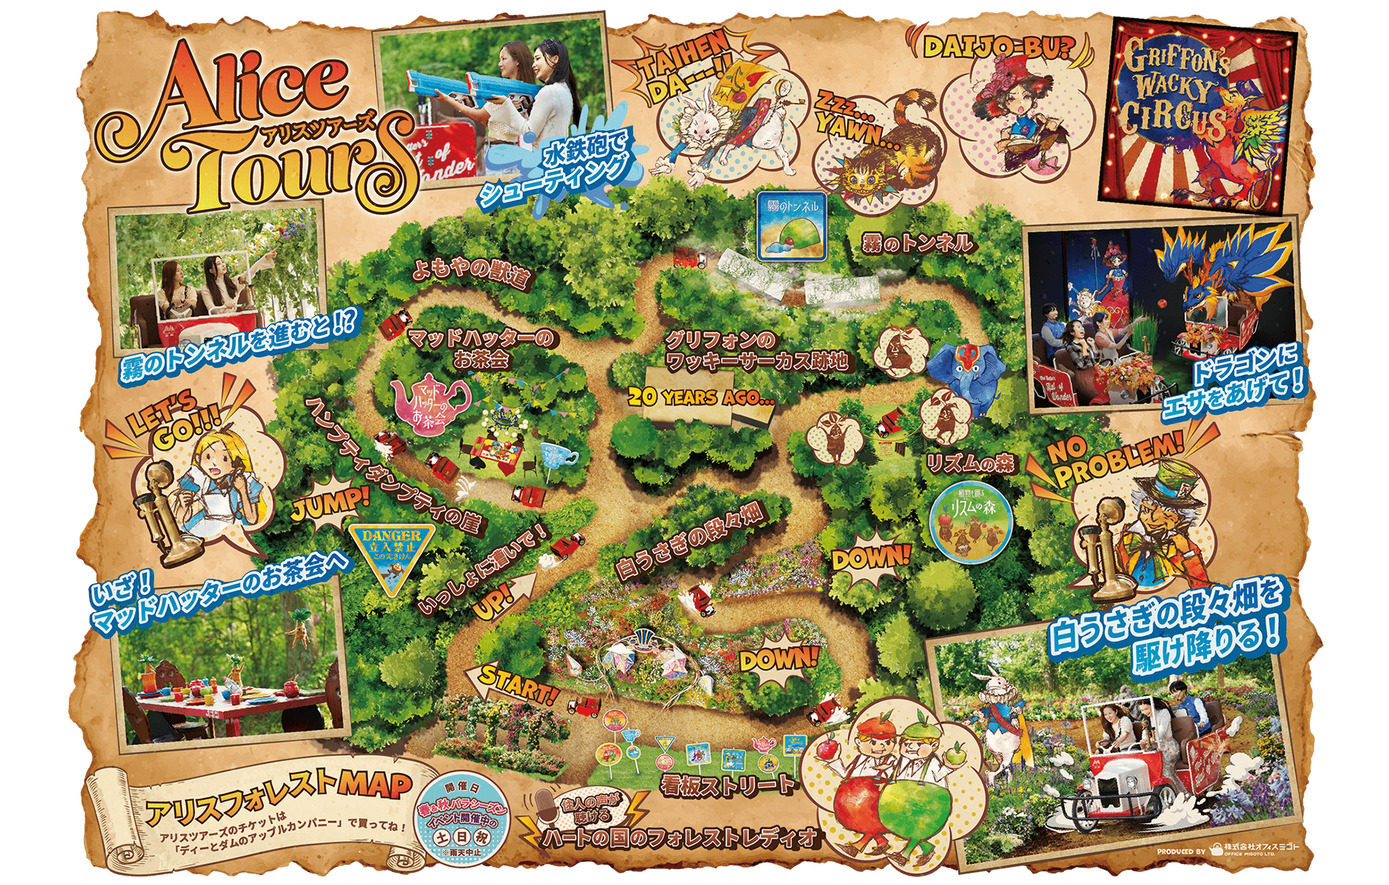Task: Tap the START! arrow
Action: (510, 685)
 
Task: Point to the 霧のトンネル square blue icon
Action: (792, 225)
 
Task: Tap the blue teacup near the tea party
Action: (558, 456)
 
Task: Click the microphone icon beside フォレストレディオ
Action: (545, 810)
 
